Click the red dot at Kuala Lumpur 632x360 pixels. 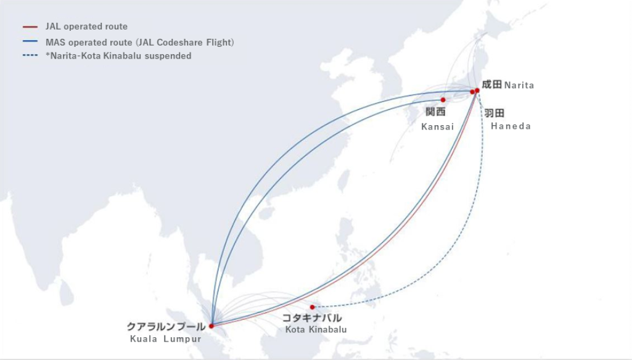(x=211, y=326)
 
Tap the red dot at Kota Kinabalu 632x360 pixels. (x=313, y=307)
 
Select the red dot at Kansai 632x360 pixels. (x=443, y=99)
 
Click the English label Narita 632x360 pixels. (x=519, y=86)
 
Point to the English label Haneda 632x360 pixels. (x=511, y=126)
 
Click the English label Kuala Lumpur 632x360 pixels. (x=165, y=339)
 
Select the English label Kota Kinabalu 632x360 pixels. (x=316, y=330)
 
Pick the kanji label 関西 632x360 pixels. (x=435, y=112)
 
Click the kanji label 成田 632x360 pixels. (x=492, y=84)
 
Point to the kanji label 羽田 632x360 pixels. (x=494, y=113)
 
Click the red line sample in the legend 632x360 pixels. (x=30, y=27)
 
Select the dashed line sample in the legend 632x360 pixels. (x=30, y=56)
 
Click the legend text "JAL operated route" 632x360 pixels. (x=86, y=27)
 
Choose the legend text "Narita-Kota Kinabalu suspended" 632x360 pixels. (x=121, y=56)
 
